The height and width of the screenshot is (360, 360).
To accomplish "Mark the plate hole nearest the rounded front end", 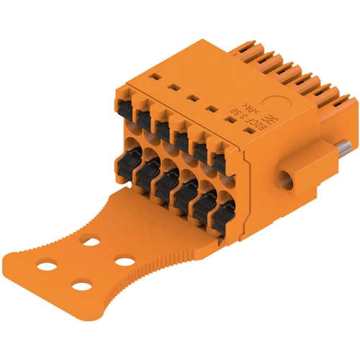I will click(82, 287).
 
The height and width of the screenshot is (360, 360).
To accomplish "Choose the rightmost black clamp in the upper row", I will click(216, 160).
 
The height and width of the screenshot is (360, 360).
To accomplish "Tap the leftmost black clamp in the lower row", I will click(117, 160).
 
